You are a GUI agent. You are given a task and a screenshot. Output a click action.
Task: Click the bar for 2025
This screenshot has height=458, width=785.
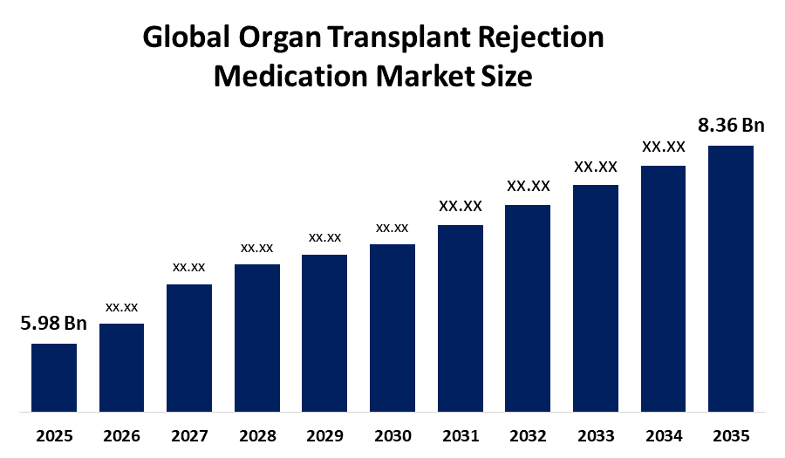(54, 377)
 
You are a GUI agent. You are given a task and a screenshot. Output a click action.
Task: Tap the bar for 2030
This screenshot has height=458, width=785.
(392, 327)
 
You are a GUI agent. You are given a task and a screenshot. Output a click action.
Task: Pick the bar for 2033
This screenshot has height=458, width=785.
(596, 297)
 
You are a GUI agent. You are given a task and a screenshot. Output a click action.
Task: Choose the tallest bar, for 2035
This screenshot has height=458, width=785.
(731, 277)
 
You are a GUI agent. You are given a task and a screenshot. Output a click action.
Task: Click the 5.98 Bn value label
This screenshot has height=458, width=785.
(54, 325)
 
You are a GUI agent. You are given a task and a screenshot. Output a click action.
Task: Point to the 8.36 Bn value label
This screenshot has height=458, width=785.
(731, 126)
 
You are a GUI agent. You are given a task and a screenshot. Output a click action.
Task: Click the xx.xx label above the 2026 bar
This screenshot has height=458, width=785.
(122, 306)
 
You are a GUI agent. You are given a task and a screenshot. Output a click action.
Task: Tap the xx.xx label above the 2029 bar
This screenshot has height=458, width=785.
(324, 236)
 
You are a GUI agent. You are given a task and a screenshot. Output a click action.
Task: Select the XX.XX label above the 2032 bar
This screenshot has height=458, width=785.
(529, 186)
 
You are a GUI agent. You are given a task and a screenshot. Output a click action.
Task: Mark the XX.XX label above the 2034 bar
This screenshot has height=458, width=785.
(664, 147)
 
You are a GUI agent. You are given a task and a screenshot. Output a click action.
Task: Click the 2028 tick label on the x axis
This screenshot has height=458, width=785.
(257, 435)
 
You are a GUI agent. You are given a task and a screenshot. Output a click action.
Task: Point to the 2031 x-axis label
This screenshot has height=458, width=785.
(461, 435)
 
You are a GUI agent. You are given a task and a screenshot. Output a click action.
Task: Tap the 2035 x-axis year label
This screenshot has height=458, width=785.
(731, 435)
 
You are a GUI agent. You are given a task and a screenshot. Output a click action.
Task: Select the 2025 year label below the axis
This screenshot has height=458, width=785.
(54, 435)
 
